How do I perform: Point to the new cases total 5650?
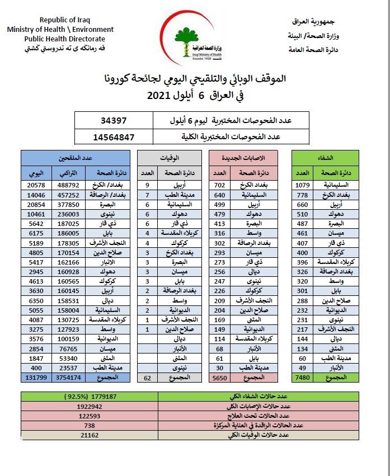[220, 378]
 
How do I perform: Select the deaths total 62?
[148, 378]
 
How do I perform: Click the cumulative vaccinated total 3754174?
[67, 378]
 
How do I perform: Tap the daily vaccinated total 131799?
[36, 378]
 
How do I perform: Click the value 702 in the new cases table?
[220, 184]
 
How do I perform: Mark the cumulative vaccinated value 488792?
[67, 184]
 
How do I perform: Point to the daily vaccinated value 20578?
[36, 184]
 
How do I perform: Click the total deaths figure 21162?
[90, 434]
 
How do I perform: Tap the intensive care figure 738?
[90, 425]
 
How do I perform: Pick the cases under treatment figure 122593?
[90, 416]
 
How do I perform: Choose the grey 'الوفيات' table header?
[167, 157]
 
